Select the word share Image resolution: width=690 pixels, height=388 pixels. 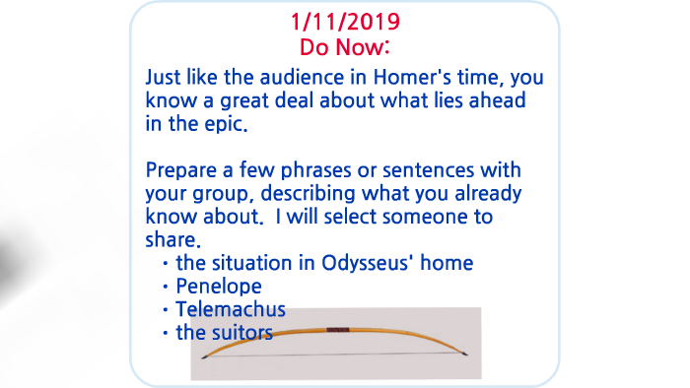[171, 241]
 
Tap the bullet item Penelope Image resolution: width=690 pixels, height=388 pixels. [219, 287]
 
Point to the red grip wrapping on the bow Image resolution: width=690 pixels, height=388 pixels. [337, 329]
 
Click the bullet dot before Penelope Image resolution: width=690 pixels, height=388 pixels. [166, 288]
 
